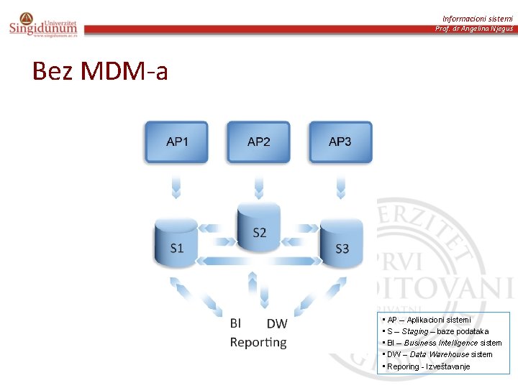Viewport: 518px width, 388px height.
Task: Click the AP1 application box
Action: tap(177, 142)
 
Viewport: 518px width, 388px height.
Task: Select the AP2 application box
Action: tap(258, 142)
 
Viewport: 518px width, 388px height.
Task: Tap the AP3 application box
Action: tap(340, 142)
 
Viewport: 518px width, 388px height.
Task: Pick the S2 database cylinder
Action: tap(259, 228)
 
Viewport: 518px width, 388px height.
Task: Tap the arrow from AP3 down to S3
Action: tap(341, 188)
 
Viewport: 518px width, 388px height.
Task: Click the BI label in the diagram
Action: tap(235, 324)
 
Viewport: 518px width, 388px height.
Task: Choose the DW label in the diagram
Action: tap(277, 325)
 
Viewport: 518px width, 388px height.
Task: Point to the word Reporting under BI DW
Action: tap(258, 343)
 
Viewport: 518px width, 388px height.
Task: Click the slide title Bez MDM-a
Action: tap(100, 71)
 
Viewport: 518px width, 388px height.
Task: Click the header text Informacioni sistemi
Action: tap(477, 18)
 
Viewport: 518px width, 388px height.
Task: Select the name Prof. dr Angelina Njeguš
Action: tap(473, 29)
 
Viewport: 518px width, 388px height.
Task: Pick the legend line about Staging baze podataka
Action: tap(437, 331)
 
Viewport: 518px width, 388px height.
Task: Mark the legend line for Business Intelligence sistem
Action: tap(443, 343)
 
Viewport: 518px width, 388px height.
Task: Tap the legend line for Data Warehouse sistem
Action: tap(439, 354)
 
